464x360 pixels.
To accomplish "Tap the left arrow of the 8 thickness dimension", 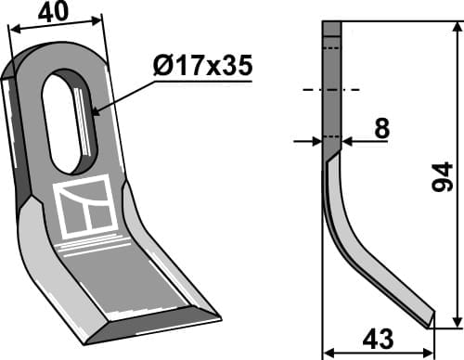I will click(x=316, y=142).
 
